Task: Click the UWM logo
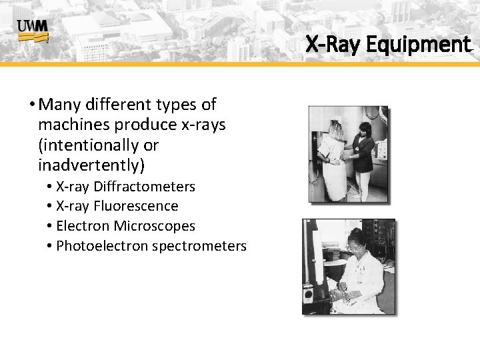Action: (x=33, y=30)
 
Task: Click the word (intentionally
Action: (x=98, y=145)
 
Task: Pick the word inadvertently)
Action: (x=91, y=164)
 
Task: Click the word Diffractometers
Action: (x=144, y=187)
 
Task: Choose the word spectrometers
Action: (x=199, y=246)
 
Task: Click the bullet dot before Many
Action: (x=32, y=105)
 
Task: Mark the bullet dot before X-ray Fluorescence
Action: (x=50, y=207)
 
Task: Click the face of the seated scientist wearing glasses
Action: (x=355, y=244)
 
